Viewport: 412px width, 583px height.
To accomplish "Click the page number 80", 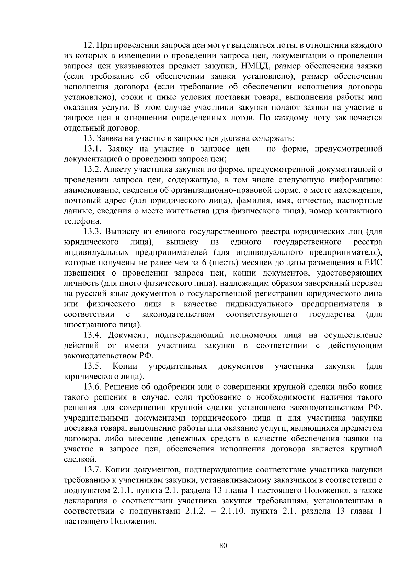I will click(x=223, y=546).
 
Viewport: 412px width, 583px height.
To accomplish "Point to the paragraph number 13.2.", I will click(x=92, y=169).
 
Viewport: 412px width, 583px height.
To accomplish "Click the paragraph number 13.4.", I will click(x=92, y=335).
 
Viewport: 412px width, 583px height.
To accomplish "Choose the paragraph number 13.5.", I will click(x=92, y=366).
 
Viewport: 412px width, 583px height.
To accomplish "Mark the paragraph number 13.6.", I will click(x=92, y=387).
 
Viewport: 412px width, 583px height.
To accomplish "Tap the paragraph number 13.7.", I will click(x=92, y=470).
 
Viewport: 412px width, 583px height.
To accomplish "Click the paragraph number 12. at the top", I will click(x=89, y=45).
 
